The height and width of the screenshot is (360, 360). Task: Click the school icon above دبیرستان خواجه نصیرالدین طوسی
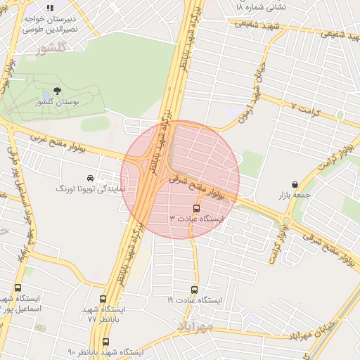[50, 8]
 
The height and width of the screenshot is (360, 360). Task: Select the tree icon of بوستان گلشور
[57, 91]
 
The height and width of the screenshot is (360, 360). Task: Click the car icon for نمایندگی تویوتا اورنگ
[90, 179]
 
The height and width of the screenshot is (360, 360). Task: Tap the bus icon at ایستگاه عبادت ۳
[196, 208]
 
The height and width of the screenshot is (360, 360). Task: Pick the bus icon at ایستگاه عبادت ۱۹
[195, 289]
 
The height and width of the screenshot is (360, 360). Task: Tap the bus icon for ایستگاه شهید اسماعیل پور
[18, 288]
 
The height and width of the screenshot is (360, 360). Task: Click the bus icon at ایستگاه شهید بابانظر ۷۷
[103, 299]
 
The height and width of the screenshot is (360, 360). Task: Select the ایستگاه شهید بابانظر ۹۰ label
[105, 352]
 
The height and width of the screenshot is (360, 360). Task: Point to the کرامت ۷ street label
[313, 110]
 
